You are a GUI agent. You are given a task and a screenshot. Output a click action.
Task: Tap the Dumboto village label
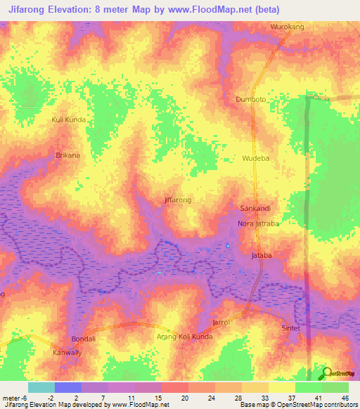tap(250, 99)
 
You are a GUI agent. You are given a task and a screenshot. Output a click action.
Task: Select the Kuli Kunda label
tap(69, 120)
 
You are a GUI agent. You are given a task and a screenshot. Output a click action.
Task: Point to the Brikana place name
tap(68, 155)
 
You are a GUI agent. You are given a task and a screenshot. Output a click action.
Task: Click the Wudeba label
tap(256, 159)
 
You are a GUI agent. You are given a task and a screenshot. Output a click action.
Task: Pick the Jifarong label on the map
tap(177, 200)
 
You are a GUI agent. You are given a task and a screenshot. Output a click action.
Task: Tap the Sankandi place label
tap(256, 209)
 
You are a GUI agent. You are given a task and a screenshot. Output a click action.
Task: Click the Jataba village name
tap(262, 256)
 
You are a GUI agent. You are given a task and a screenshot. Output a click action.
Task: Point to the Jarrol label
tap(221, 322)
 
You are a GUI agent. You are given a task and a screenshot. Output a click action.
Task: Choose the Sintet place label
tap(291, 328)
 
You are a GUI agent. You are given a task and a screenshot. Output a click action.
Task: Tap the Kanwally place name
tap(68, 352)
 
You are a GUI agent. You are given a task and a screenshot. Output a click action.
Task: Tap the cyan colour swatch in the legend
tap(41, 387)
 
